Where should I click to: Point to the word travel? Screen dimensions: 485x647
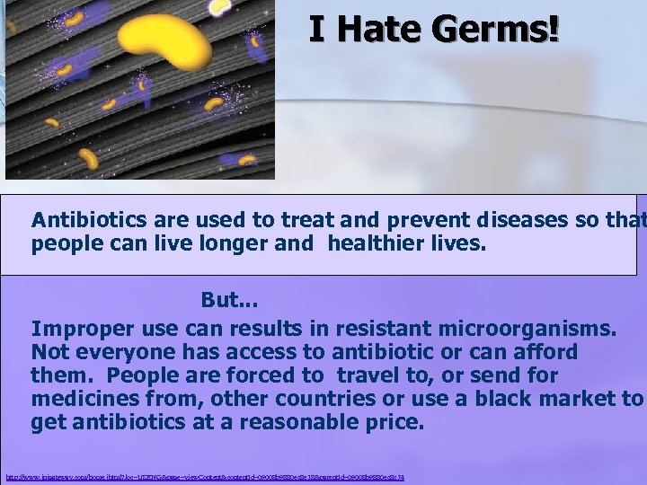375,375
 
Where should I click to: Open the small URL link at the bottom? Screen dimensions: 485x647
204,477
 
